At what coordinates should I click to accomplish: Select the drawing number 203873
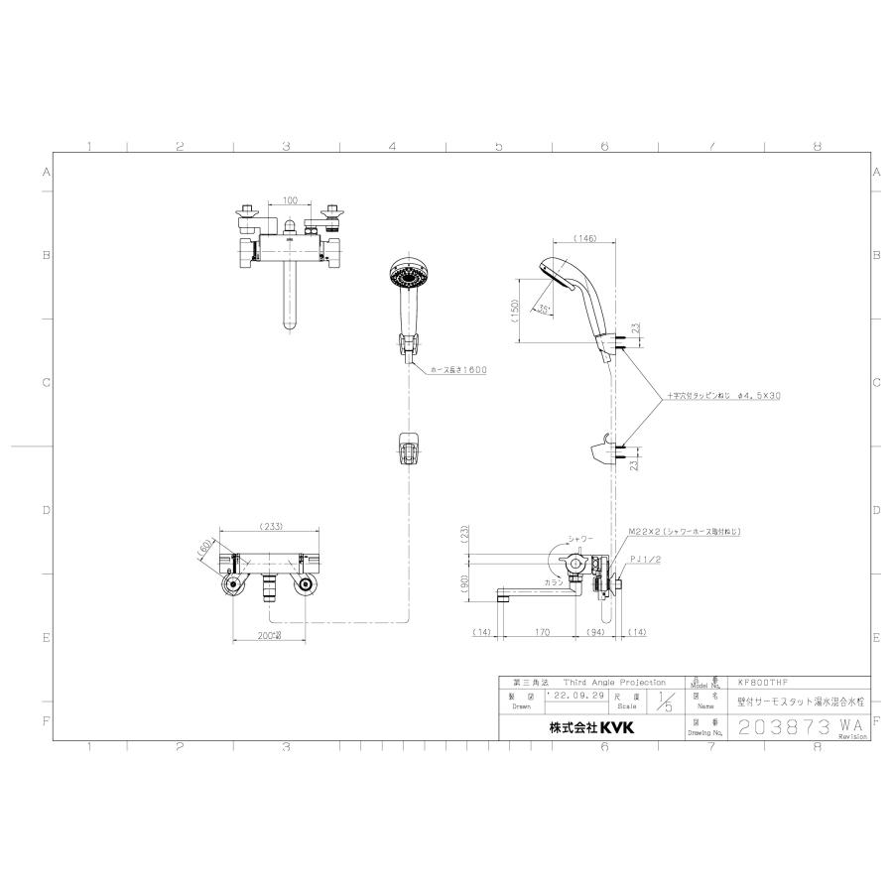(x=784, y=726)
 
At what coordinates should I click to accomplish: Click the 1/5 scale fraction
(x=664, y=702)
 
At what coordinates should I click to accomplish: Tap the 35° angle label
(x=548, y=310)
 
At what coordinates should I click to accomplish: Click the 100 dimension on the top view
(x=290, y=201)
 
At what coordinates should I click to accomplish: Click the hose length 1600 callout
(x=458, y=370)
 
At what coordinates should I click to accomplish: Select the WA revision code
(x=849, y=726)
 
